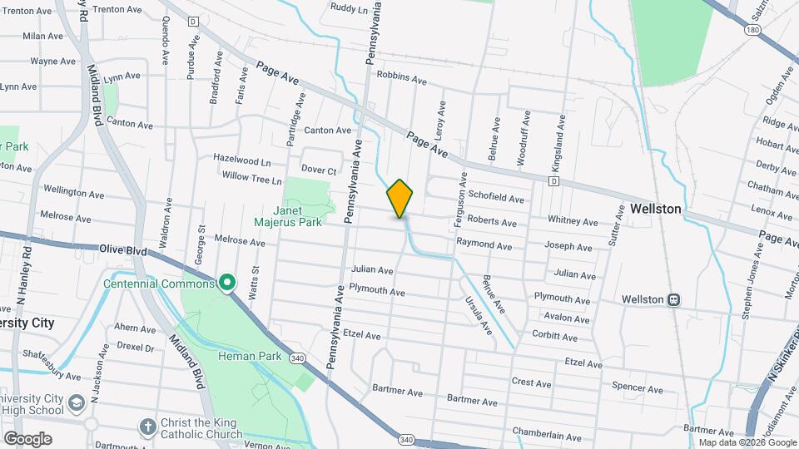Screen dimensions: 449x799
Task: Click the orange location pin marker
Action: (400, 199)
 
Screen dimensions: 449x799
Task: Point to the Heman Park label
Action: (241, 356)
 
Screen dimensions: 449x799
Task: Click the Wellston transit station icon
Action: (674, 299)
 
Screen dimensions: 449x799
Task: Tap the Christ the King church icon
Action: (147, 427)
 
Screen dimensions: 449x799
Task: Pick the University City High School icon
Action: (77, 403)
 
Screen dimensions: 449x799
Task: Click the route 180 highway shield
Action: (752, 30)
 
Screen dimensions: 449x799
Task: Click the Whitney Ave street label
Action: (573, 222)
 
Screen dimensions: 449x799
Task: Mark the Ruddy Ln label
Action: (349, 8)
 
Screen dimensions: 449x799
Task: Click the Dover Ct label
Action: (318, 170)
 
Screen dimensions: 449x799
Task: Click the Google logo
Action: (28, 438)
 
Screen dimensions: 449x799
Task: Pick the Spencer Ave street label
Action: (637, 388)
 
